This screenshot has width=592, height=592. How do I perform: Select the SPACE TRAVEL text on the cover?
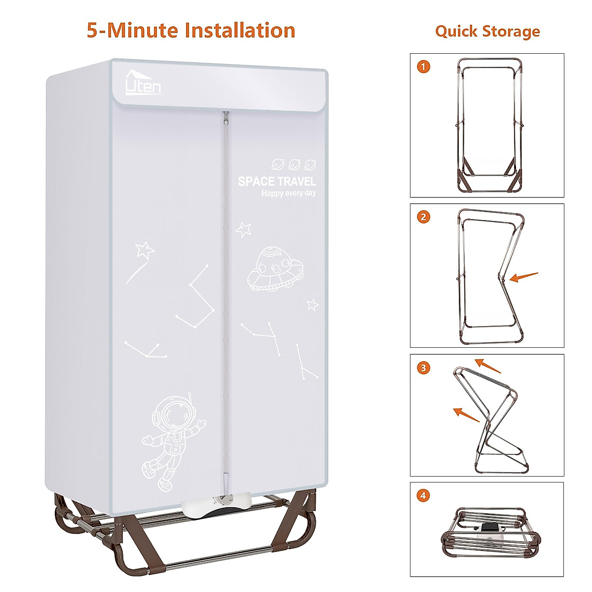pos(276,181)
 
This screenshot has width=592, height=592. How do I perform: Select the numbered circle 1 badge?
pos(423,67)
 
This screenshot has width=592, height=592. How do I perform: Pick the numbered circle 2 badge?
pos(423,217)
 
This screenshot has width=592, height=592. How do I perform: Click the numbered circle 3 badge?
pos(423,368)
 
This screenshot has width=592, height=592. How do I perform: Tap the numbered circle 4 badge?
pos(423,496)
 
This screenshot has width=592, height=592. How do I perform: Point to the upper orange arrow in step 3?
pos(487,366)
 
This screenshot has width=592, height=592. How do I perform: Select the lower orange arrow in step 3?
pos(466,415)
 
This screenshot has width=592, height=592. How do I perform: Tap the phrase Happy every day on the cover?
pos(288,193)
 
